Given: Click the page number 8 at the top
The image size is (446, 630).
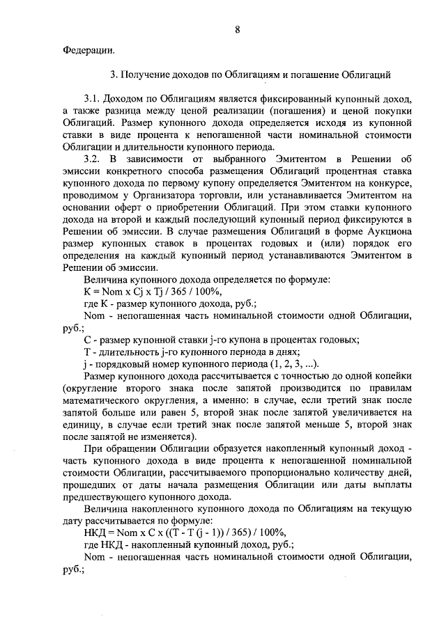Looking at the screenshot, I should tap(237, 29).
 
